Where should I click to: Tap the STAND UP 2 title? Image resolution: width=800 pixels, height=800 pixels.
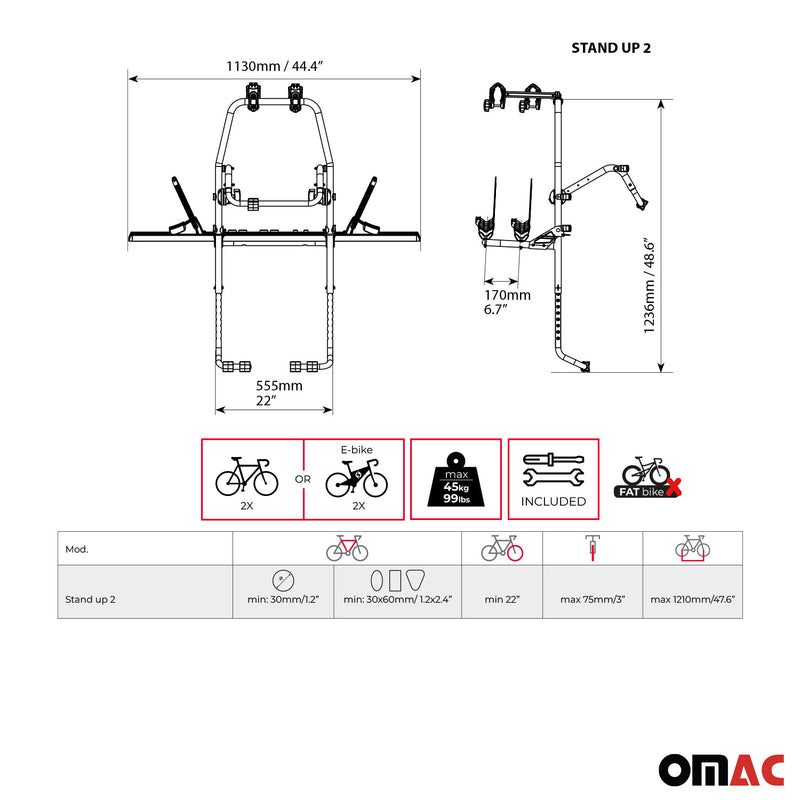pyautogui.click(x=610, y=47)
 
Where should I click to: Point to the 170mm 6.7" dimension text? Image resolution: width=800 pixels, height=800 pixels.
pyautogui.click(x=507, y=302)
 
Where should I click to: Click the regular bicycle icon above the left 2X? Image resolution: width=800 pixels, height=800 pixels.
pyautogui.click(x=247, y=476)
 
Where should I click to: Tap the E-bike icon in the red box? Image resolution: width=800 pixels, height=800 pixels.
pyautogui.click(x=357, y=478)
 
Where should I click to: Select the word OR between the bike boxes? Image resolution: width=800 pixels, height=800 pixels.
pyautogui.click(x=302, y=480)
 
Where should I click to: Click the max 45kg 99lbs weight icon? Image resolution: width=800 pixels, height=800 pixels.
pyautogui.click(x=454, y=479)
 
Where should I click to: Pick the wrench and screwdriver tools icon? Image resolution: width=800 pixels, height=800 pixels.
pyautogui.click(x=553, y=470)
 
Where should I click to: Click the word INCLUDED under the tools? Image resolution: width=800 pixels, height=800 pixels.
pyautogui.click(x=553, y=502)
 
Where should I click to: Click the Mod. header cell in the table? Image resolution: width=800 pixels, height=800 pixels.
pyautogui.click(x=77, y=549)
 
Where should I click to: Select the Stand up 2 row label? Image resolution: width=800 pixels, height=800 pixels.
pyautogui.click(x=90, y=599)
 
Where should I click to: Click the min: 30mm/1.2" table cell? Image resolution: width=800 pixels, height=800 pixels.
pyautogui.click(x=283, y=599)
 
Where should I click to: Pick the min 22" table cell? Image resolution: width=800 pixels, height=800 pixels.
pyautogui.click(x=502, y=599)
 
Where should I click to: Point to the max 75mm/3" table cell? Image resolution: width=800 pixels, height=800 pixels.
pyautogui.click(x=592, y=599)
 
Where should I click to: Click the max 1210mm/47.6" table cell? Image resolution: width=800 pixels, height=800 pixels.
pyautogui.click(x=692, y=599)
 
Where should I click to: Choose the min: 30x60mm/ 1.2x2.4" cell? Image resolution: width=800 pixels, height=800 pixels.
pyautogui.click(x=397, y=599)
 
